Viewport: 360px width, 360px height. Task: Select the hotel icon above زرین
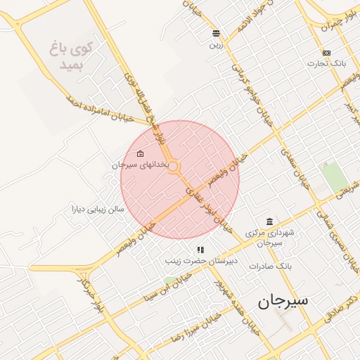point(216,33)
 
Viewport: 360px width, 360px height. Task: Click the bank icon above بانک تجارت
point(326,53)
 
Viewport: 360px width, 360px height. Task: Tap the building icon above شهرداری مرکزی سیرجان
point(269,221)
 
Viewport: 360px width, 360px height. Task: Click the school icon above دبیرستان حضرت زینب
point(200,249)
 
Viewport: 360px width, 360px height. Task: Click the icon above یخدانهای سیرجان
point(140,153)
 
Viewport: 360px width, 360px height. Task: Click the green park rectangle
point(334,176)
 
